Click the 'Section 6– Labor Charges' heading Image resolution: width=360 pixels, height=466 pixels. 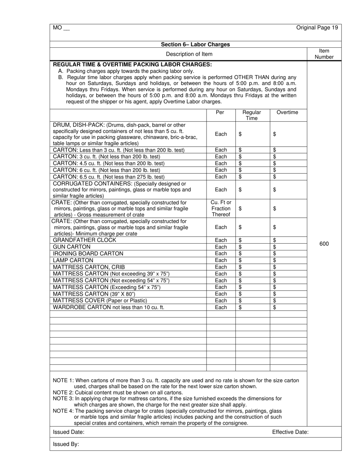pos(195,44)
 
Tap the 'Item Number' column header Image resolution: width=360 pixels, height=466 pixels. pos(324,54)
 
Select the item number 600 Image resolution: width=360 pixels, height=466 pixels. pos(324,244)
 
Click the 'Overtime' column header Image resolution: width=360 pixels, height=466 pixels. pos(287,113)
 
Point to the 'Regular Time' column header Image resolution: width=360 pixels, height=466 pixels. pos(252,115)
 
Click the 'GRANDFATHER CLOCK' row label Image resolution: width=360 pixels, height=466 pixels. pos(82,240)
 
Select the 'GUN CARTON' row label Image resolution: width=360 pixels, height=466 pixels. pos(72,247)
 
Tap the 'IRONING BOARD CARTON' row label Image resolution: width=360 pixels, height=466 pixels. pos(88,253)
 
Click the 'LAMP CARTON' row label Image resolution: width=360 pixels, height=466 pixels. pos(73,260)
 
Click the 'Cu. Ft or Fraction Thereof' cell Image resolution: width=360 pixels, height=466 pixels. pos(221,208)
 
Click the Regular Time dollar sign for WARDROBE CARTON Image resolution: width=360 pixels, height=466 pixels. pos(240,307)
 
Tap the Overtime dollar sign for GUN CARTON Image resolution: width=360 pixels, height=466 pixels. pos(275,247)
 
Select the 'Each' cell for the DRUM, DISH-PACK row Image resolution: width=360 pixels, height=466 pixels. pos(221,134)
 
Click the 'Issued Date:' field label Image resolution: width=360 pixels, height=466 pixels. pos(69,432)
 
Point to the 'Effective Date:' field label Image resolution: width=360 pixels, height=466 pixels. pos(290,432)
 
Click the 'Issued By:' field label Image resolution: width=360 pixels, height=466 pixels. pos(66,444)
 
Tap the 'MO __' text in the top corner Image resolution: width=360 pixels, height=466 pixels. pos(61,28)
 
